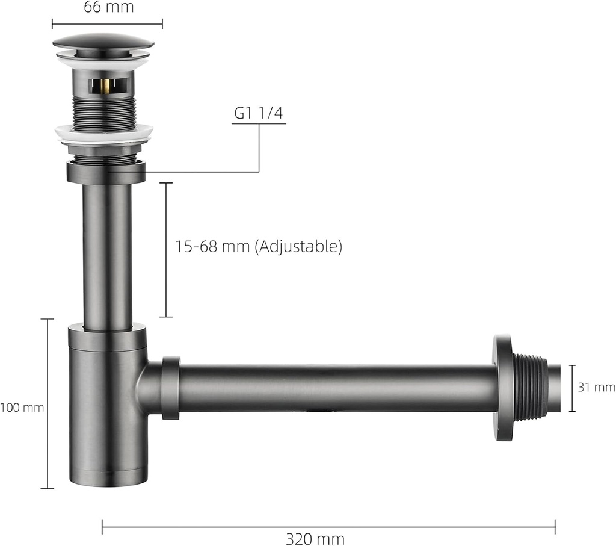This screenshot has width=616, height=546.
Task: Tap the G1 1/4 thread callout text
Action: (259, 113)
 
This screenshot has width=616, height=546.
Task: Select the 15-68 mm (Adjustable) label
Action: (259, 246)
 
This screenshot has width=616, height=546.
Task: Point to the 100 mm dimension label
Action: (22, 407)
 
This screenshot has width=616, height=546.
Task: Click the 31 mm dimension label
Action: (596, 388)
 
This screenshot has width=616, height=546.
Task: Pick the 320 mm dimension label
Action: (315, 538)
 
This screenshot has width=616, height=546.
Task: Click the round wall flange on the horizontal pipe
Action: (502, 388)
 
